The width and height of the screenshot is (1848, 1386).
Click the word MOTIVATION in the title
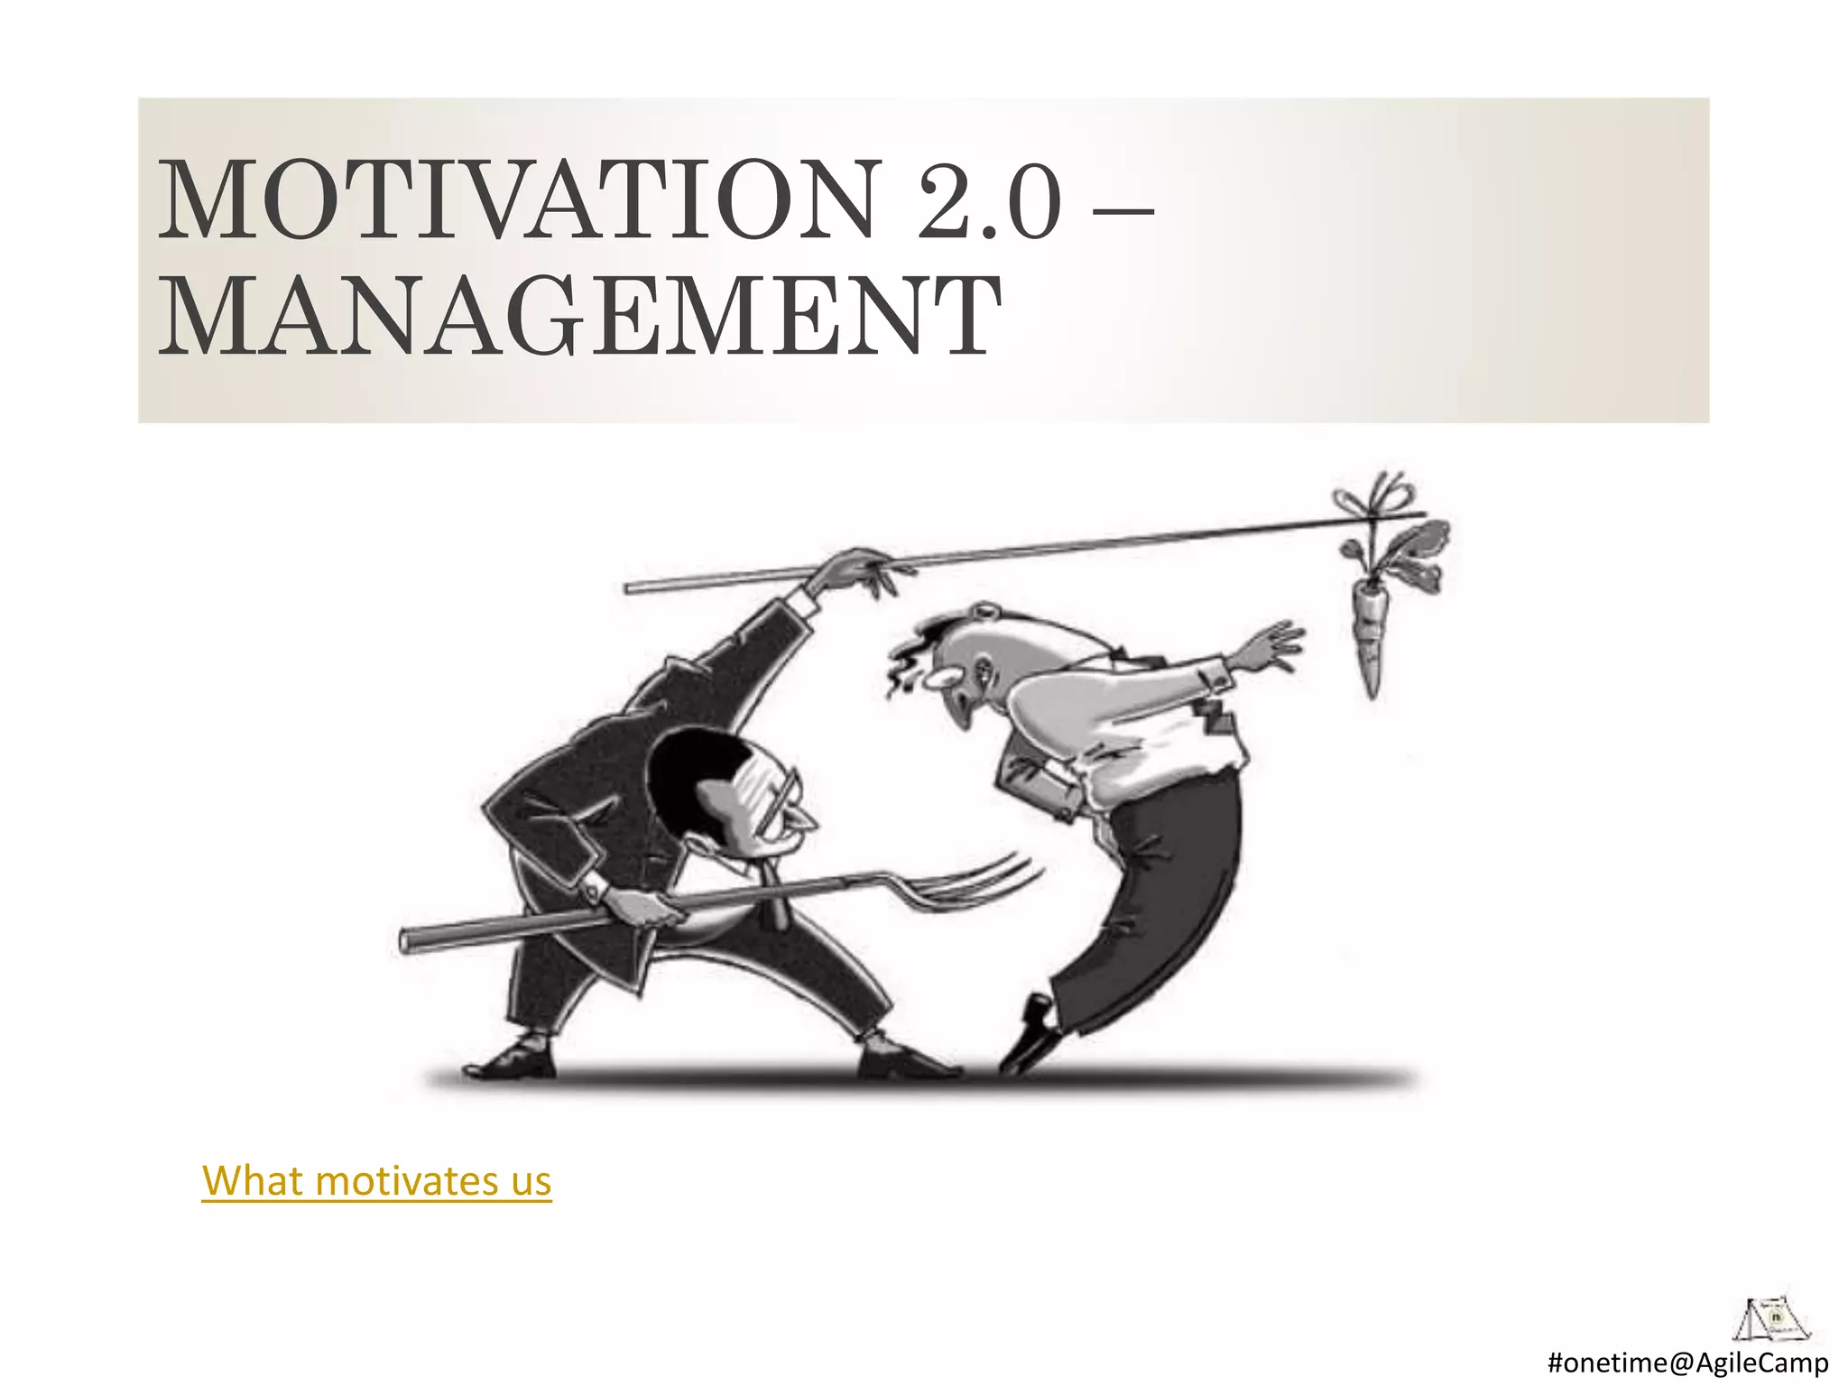pyautogui.click(x=519, y=200)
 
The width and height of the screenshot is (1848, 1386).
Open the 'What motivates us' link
pyautogui.click(x=376, y=1180)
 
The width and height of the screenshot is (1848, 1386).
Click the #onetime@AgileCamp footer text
pyautogui.click(x=1687, y=1362)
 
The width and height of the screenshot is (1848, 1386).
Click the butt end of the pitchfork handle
pyautogui.click(x=411, y=939)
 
